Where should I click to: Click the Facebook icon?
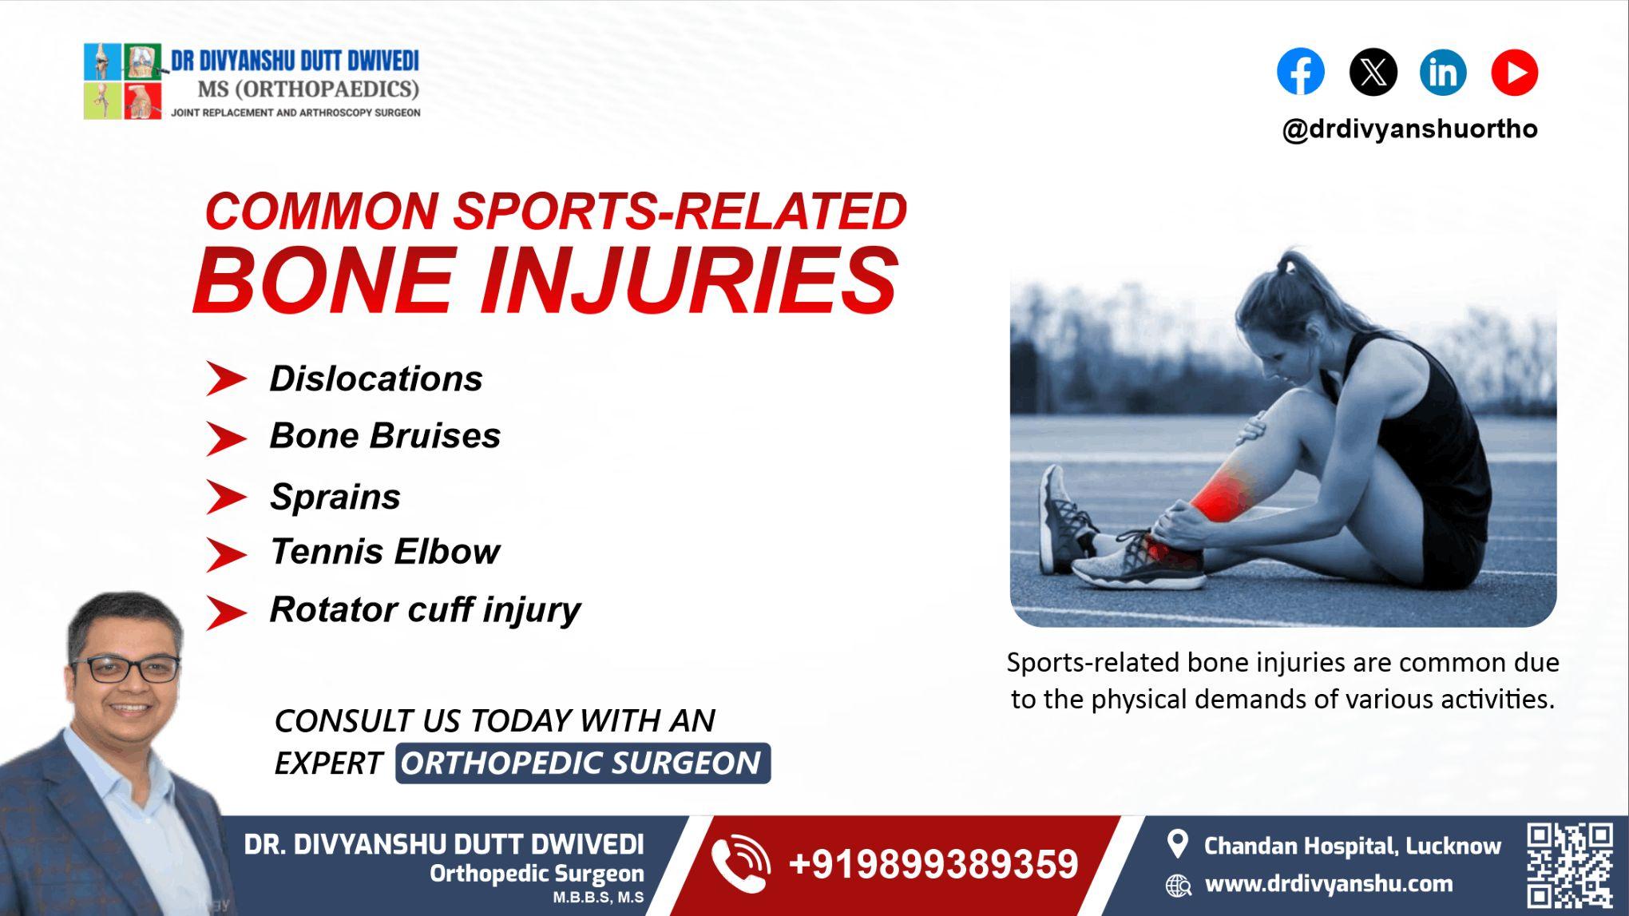coord(1300,72)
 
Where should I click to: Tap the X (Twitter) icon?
coord(1373,72)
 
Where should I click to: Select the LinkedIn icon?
coord(1443,72)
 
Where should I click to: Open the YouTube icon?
coord(1514,72)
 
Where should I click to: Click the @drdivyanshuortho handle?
coord(1409,129)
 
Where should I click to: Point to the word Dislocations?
coord(375,379)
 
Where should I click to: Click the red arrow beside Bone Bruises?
coord(226,438)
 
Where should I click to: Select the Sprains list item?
coord(335,497)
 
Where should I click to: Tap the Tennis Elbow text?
coord(385,552)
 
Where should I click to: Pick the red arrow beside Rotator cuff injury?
coord(226,613)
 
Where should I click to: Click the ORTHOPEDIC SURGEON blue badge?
coord(582,763)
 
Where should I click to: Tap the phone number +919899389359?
coord(933,865)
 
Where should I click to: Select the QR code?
coord(1569,866)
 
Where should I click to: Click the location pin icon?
coord(1177,844)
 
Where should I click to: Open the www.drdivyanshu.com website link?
coord(1328,884)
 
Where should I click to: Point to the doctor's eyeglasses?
coord(126,668)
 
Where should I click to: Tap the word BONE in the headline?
coord(323,281)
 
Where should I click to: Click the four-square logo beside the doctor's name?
coord(123,81)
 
